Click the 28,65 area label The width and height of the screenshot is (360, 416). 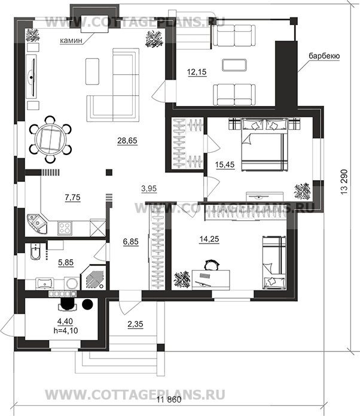[127, 140]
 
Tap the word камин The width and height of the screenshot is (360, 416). [71, 41]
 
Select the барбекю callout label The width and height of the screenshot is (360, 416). [324, 56]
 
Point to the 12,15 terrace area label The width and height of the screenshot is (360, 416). [197, 72]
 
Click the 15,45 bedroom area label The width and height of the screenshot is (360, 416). [225, 165]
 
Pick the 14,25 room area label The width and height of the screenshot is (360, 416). [209, 239]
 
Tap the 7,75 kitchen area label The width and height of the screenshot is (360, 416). [72, 198]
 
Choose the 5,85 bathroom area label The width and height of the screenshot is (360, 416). [66, 262]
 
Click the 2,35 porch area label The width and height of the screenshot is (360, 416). [135, 324]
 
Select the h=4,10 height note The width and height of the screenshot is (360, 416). [65, 330]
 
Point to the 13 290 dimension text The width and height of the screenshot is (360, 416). [344, 182]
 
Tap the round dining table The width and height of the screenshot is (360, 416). [51, 139]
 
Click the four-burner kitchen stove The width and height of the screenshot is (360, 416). [65, 228]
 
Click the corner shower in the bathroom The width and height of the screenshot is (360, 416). [94, 278]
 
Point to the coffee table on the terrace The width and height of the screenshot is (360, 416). [234, 65]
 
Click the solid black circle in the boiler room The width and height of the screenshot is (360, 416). [87, 304]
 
